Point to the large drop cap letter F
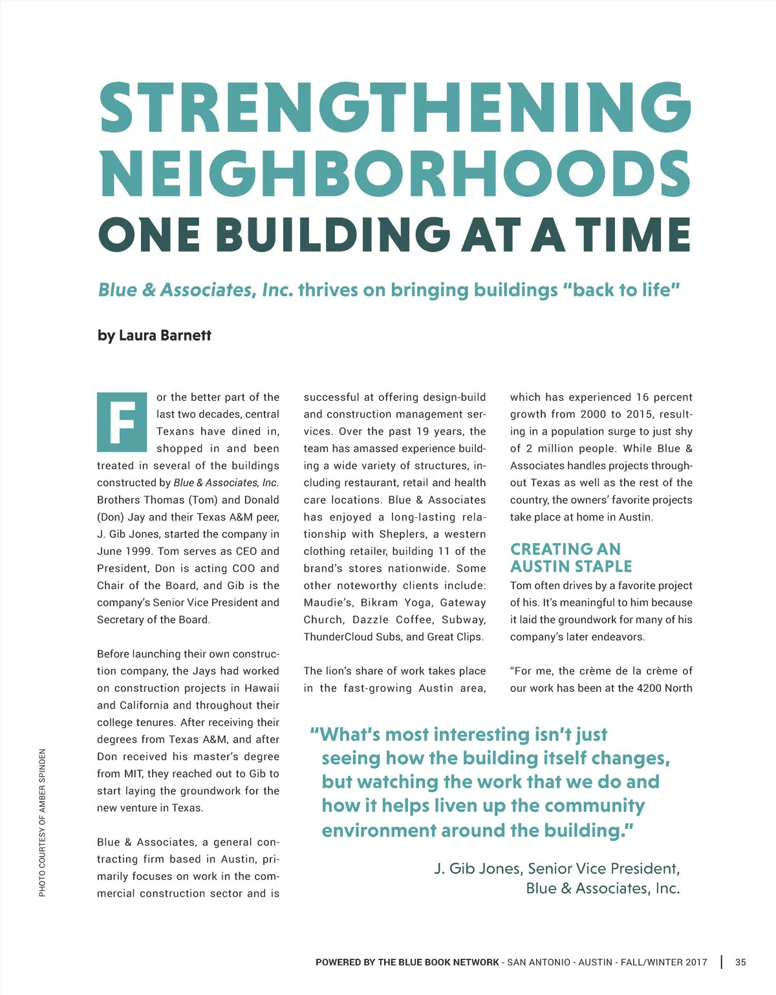pyautogui.click(x=122, y=422)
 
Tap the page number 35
pyautogui.click(x=740, y=962)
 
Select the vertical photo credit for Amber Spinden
pyautogui.click(x=42, y=822)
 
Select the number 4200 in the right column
pyautogui.click(x=649, y=688)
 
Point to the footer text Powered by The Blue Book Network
pyautogui.click(x=407, y=962)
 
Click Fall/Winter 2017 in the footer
pyautogui.click(x=664, y=962)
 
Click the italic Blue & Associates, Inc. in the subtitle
pyautogui.click(x=195, y=290)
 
